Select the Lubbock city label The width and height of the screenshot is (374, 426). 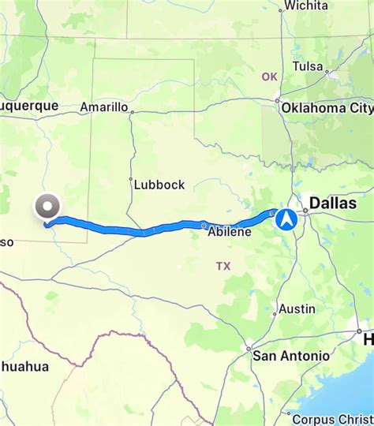coord(159,185)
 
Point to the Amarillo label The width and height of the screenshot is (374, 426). coord(104,106)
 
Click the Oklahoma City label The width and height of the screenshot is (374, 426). coord(328,107)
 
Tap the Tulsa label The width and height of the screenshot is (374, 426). coord(309,66)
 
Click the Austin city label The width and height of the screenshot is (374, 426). coord(297,308)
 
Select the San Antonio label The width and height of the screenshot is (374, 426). coord(291,356)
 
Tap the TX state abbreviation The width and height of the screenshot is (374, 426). coord(223,267)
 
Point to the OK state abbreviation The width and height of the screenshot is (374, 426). coord(269,77)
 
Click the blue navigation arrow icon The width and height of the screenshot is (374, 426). coord(286,219)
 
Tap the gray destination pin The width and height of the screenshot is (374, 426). coord(47,207)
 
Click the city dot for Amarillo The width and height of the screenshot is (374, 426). coord(132,111)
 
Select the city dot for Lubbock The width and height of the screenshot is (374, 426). coord(132,180)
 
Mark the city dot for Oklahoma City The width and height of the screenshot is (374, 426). coord(279,99)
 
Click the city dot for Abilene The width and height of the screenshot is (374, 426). coord(204,225)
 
